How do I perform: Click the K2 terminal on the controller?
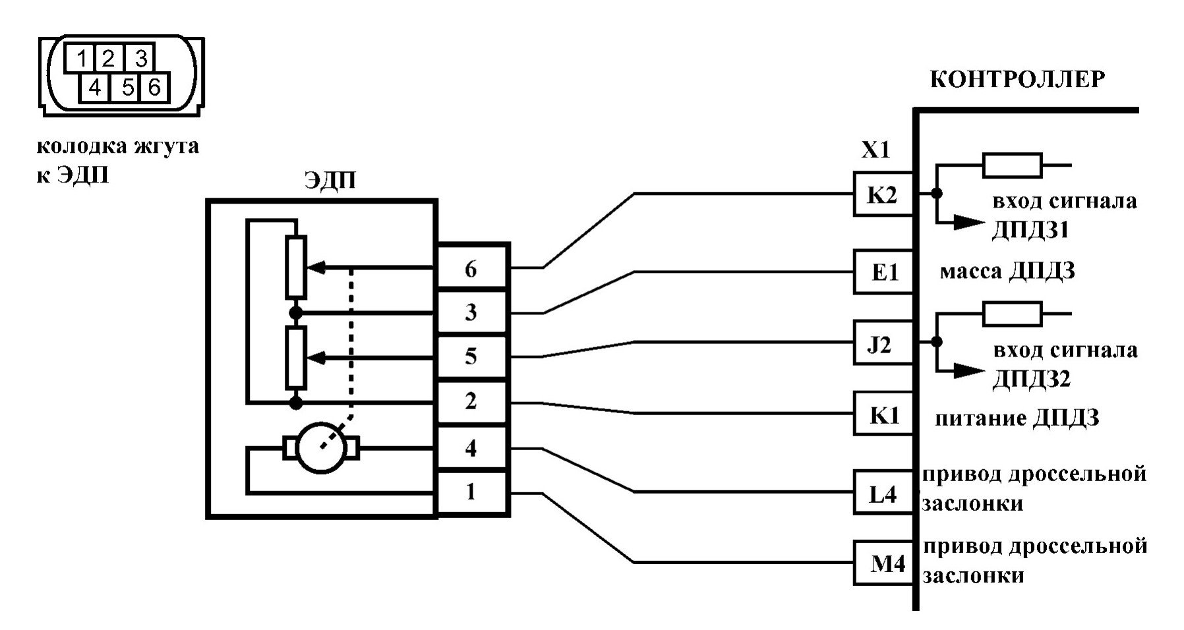pos(882,194)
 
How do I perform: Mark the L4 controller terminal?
pos(882,492)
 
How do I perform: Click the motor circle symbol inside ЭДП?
pos(321,449)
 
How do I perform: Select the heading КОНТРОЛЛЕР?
pos(1017,80)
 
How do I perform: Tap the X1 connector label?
pos(875,151)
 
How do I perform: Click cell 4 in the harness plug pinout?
pos(95,88)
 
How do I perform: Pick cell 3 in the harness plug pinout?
pos(139,59)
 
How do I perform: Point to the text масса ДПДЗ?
pos(1007,271)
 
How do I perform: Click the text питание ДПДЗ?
pos(1017,418)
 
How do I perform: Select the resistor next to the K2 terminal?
pos(1012,165)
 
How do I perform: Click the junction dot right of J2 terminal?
pos(937,341)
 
